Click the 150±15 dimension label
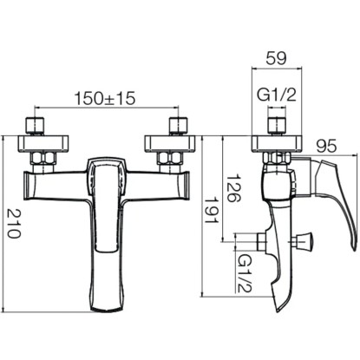(105, 98)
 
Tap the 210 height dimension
(14, 223)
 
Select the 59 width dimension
(276, 58)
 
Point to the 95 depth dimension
(326, 146)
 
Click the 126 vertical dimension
(234, 188)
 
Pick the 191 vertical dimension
(212, 211)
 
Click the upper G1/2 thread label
(277, 95)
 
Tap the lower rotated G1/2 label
(245, 272)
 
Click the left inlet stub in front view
(36, 126)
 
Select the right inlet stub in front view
(179, 126)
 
